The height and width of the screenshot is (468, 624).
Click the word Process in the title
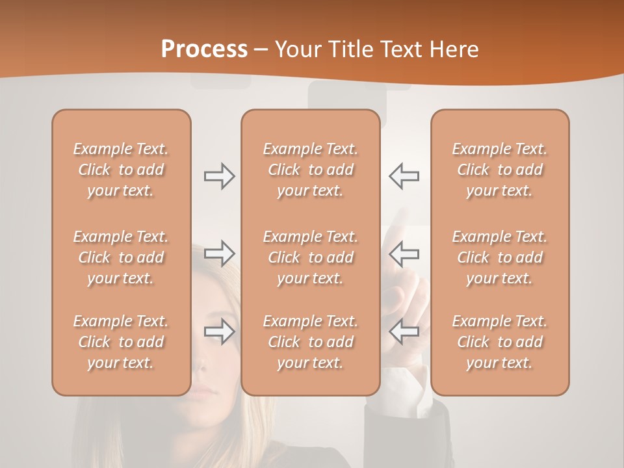tap(204, 49)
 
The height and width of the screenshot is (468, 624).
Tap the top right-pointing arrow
tap(219, 176)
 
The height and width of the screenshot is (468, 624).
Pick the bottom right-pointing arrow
tap(219, 331)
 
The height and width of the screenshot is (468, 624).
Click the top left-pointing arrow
tap(404, 176)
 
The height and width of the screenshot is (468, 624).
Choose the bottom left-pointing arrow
tap(404, 331)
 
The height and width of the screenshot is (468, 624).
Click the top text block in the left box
tap(121, 170)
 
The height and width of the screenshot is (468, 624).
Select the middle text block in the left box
tap(121, 257)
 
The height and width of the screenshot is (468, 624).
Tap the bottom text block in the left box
tap(121, 342)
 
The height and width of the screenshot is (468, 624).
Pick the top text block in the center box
tap(310, 170)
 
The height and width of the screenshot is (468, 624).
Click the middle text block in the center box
tap(310, 257)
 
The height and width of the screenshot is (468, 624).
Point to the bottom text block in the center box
tap(310, 342)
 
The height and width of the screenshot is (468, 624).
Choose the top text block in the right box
tap(500, 170)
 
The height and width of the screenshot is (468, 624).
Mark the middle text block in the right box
tap(500, 257)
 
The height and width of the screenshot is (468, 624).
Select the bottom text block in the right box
tap(500, 342)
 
